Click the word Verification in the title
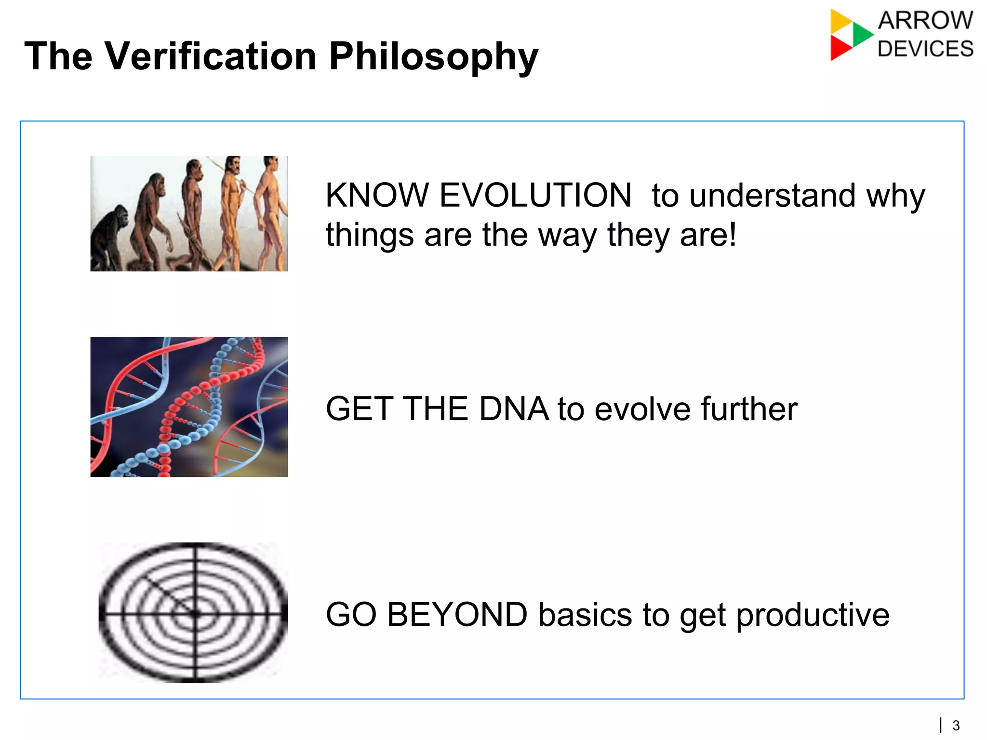tap(210, 56)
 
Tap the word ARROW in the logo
tap(925, 21)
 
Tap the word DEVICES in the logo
tap(925, 49)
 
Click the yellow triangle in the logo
tap(840, 21)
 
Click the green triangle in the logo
tap(862, 34)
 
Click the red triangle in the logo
tap(840, 48)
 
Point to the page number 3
tap(956, 725)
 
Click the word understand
tap(773, 196)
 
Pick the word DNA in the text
tap(514, 409)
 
